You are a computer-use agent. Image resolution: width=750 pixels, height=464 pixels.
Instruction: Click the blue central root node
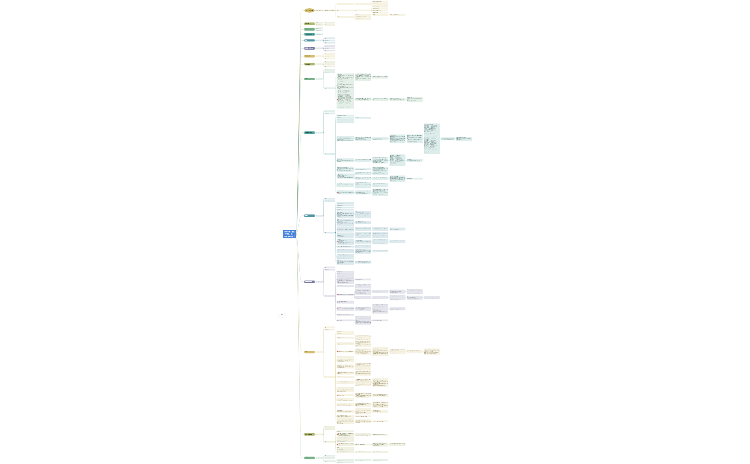[289, 234]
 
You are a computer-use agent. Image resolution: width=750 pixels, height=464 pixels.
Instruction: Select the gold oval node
[309, 10]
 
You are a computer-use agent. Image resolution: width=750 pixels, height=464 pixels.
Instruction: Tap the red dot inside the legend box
[279, 317]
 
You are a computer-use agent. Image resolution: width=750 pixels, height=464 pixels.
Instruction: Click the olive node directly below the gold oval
[309, 24]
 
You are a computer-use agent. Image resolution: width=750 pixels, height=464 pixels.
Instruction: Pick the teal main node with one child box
[309, 34]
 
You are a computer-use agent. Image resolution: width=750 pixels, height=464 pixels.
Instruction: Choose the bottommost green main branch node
[309, 458]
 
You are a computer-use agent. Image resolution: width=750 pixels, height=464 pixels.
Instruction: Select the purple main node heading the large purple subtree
[309, 282]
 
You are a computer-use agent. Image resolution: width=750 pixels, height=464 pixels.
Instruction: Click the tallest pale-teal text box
[432, 139]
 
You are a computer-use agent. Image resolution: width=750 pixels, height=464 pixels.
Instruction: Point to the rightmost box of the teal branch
[464, 139]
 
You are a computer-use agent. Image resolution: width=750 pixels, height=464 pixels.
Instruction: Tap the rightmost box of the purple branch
[432, 298]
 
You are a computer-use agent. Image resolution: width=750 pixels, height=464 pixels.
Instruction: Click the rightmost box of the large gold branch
[432, 352]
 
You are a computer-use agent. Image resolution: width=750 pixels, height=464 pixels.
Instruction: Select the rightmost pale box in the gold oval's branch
[397, 15]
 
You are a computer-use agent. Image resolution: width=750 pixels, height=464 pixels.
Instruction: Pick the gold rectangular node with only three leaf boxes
[309, 56]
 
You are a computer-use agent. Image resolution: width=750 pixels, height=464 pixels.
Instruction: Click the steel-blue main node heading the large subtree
[309, 216]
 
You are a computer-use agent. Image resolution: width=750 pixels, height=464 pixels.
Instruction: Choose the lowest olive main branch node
[309, 434]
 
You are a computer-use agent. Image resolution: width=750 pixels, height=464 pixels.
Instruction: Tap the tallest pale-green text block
[344, 99]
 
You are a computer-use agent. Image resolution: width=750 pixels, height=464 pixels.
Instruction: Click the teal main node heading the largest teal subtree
[309, 132]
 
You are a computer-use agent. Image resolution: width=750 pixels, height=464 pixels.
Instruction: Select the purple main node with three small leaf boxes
[309, 48]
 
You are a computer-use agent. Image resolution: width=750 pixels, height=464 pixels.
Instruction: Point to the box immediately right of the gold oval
[319, 10]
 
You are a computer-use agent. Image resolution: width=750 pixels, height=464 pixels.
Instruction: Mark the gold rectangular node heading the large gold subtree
[309, 352]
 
